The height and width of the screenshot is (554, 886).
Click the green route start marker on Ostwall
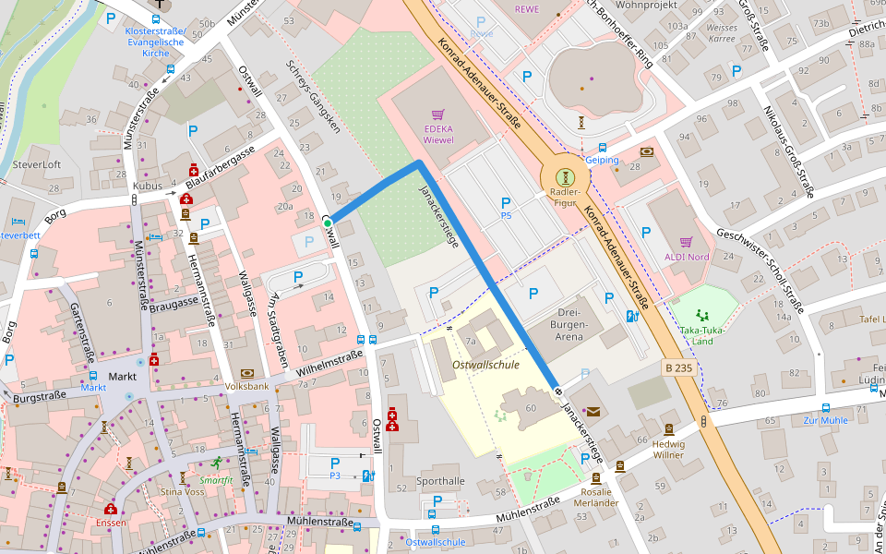point(328,223)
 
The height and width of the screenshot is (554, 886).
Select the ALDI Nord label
point(685,257)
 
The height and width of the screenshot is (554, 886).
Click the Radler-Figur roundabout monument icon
point(564,175)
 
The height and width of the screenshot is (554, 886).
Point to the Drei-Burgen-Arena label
point(569,325)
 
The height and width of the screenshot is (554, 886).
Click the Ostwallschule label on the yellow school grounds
point(485,365)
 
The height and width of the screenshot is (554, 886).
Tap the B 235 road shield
point(678,367)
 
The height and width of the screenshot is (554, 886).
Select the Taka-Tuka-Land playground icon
point(703,314)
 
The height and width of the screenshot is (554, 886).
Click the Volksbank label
point(245,386)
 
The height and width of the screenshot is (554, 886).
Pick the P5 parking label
point(506,216)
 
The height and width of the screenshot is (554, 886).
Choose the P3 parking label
point(335,476)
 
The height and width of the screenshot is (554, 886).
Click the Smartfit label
point(217,480)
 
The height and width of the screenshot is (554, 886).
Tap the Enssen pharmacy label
point(111,523)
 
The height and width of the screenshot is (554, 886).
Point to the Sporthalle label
point(441,481)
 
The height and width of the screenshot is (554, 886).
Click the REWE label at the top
point(527,9)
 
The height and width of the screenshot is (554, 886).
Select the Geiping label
point(602,160)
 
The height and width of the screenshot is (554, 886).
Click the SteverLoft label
point(37,164)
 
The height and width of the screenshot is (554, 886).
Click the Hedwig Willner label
point(669,449)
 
